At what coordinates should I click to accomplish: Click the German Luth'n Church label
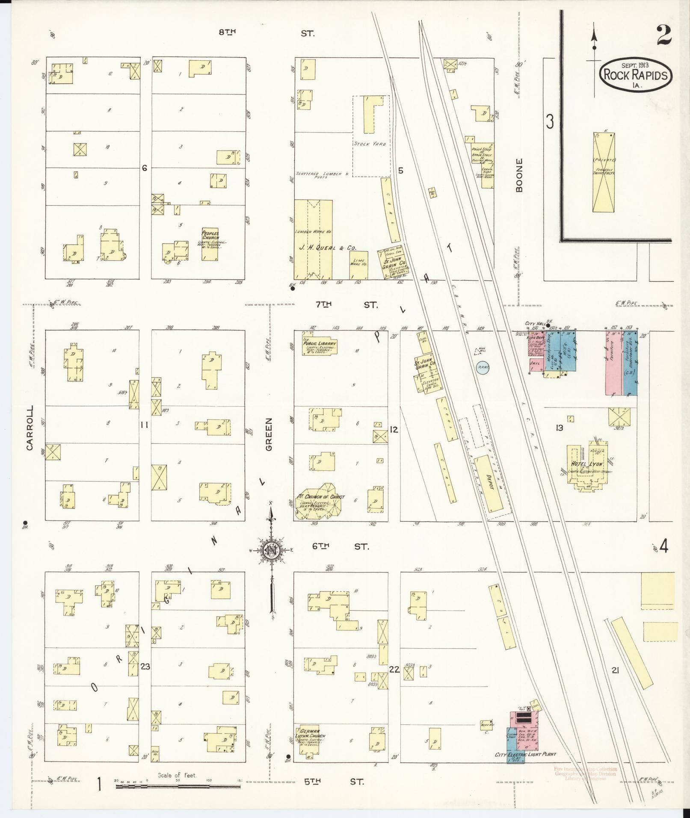click(x=310, y=733)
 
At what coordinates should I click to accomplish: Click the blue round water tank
click(x=483, y=367)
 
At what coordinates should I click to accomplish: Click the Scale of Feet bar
click(x=178, y=786)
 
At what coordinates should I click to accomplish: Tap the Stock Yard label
click(x=370, y=144)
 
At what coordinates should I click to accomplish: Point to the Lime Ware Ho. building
click(x=358, y=265)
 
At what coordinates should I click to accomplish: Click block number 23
click(x=145, y=666)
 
